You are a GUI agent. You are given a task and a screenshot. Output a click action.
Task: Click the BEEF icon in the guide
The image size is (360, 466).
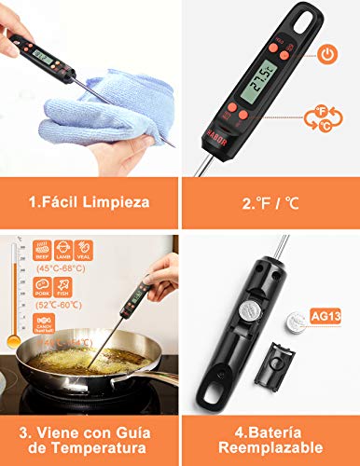pyautogui.click(x=42, y=250)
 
